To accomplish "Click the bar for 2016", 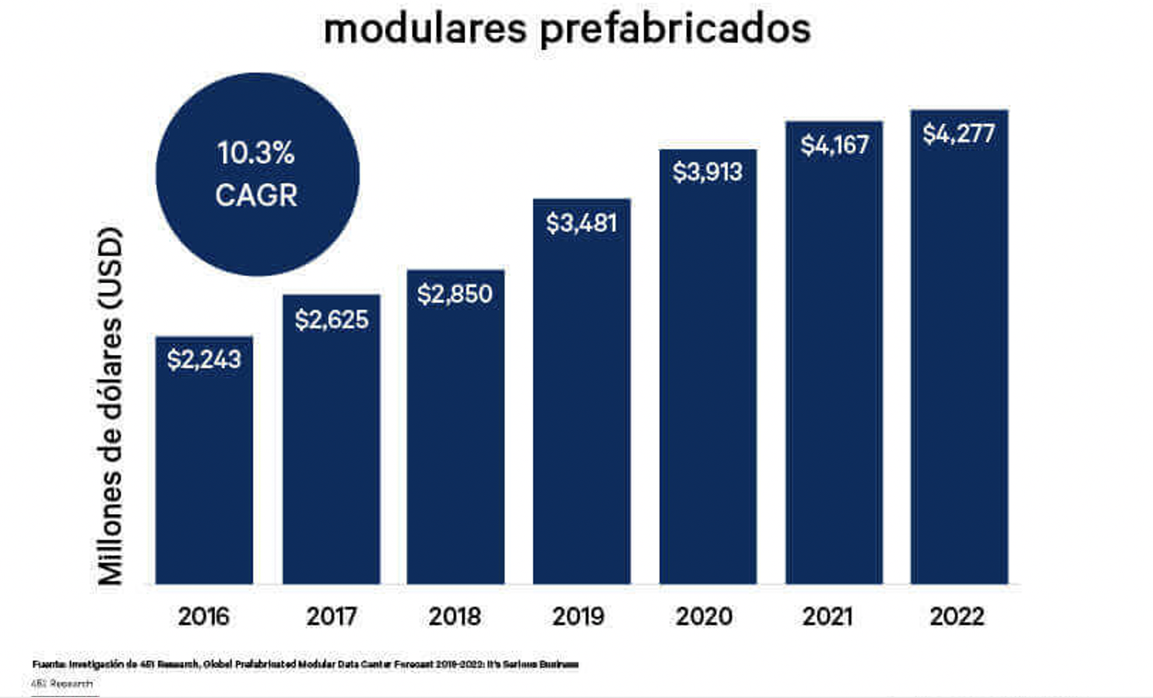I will (204, 466).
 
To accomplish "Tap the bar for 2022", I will (959, 361).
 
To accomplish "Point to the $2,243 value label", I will (204, 359).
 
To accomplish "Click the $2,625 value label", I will (332, 319).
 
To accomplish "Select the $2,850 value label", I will (455, 294).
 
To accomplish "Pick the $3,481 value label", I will (581, 223).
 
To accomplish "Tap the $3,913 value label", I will (708, 171).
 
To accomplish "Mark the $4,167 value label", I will (834, 144).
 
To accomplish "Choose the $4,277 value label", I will (959, 133).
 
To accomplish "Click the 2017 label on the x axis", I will (332, 616).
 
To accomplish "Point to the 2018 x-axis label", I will (455, 616).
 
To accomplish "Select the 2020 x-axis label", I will (704, 616).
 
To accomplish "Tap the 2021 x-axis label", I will (828, 616).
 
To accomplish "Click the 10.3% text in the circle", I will (256, 153).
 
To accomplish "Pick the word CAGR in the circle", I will (256, 195).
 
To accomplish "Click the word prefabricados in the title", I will (675, 29).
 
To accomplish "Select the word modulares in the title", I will (425, 29).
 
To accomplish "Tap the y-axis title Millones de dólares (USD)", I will (110, 406).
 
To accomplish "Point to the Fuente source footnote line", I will (305, 664).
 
